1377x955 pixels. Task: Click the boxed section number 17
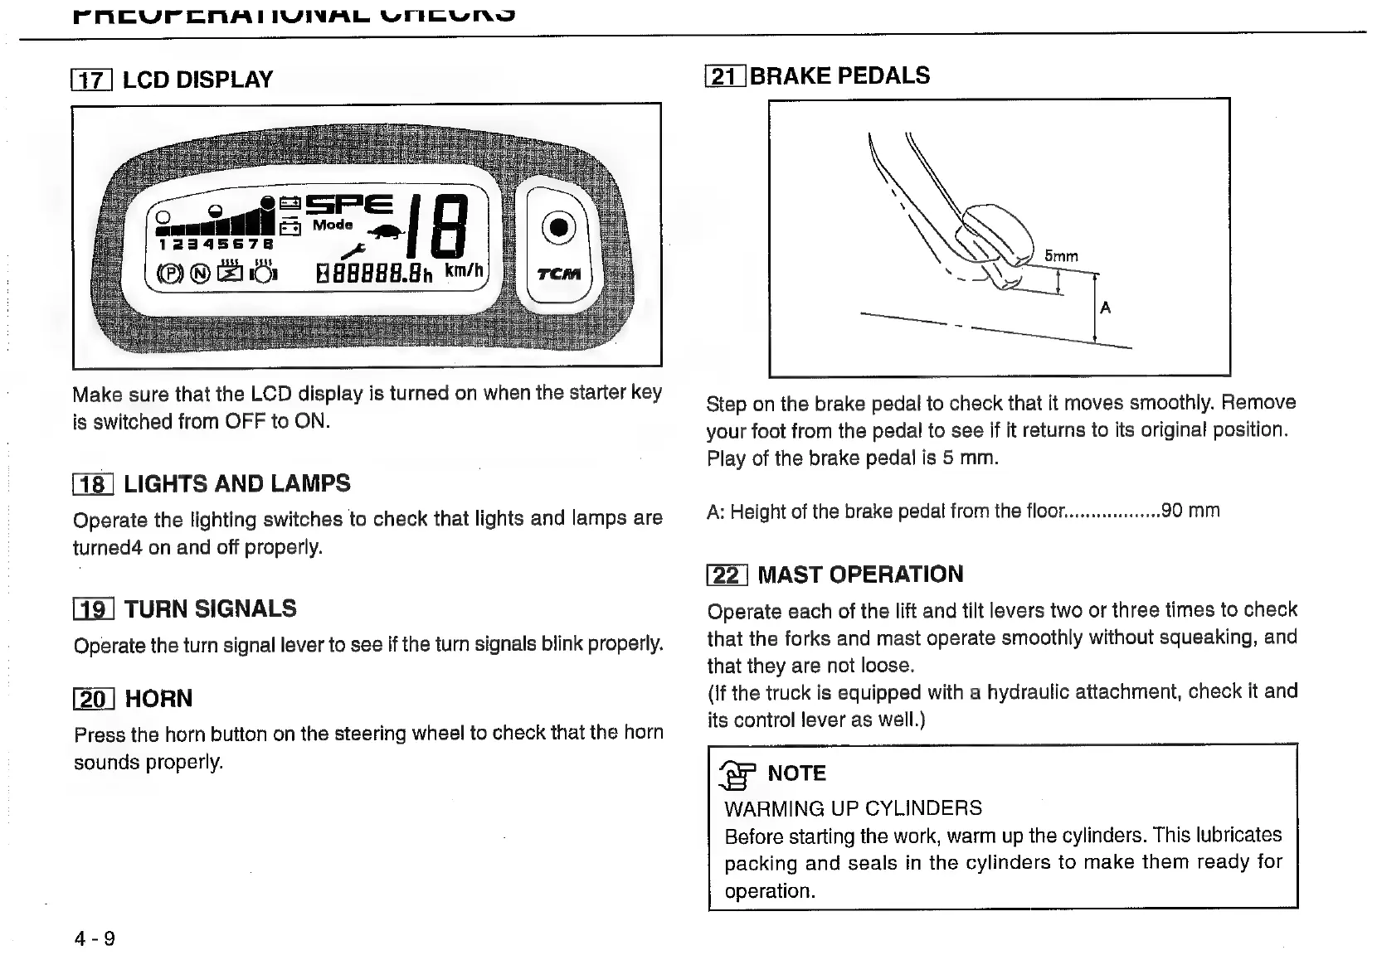(x=91, y=80)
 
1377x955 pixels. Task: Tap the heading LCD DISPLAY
(x=197, y=80)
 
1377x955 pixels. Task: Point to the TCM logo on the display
(x=558, y=274)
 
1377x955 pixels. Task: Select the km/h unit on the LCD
(x=464, y=271)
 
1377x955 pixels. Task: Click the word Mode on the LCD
(x=333, y=225)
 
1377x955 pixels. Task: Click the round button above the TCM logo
(x=560, y=226)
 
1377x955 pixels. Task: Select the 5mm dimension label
(x=1061, y=256)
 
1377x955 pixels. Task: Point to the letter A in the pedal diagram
(x=1105, y=308)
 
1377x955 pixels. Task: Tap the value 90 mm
(x=1190, y=511)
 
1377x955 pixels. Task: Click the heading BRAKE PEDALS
(x=839, y=76)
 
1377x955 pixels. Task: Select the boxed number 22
(x=727, y=575)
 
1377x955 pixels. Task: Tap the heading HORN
(x=158, y=699)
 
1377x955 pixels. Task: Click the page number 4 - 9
(x=95, y=938)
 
